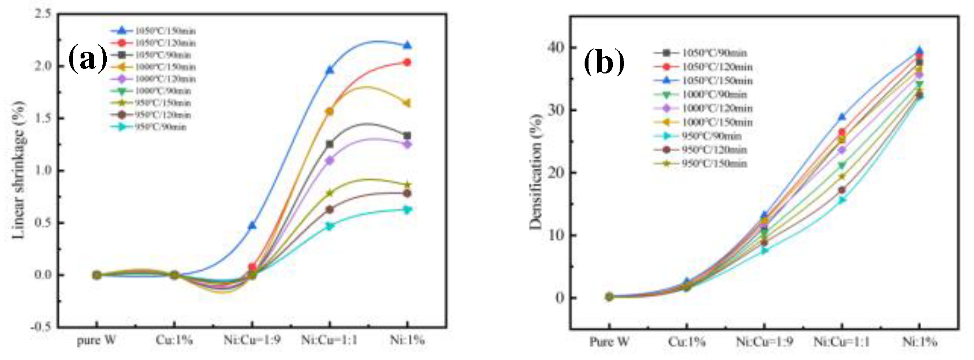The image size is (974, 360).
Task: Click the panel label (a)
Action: (x=87, y=58)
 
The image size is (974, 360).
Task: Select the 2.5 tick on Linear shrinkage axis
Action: (x=43, y=13)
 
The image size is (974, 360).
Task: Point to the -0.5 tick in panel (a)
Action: (x=41, y=327)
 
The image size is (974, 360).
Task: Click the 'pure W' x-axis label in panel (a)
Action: (x=96, y=340)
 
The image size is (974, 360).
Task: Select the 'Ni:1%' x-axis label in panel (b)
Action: (x=919, y=342)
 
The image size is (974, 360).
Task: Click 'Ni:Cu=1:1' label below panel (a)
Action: (x=329, y=340)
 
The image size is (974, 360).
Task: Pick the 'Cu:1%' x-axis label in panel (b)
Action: (x=686, y=342)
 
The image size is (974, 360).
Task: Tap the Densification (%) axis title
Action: (x=535, y=172)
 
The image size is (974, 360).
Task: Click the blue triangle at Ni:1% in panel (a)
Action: (x=407, y=45)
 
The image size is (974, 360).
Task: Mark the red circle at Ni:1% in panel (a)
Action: (x=407, y=62)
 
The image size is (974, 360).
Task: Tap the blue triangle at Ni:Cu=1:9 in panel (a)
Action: (x=252, y=225)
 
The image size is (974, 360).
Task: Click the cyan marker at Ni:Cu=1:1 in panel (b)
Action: (x=842, y=199)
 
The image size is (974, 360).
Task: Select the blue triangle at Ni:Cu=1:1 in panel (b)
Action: (x=842, y=117)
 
